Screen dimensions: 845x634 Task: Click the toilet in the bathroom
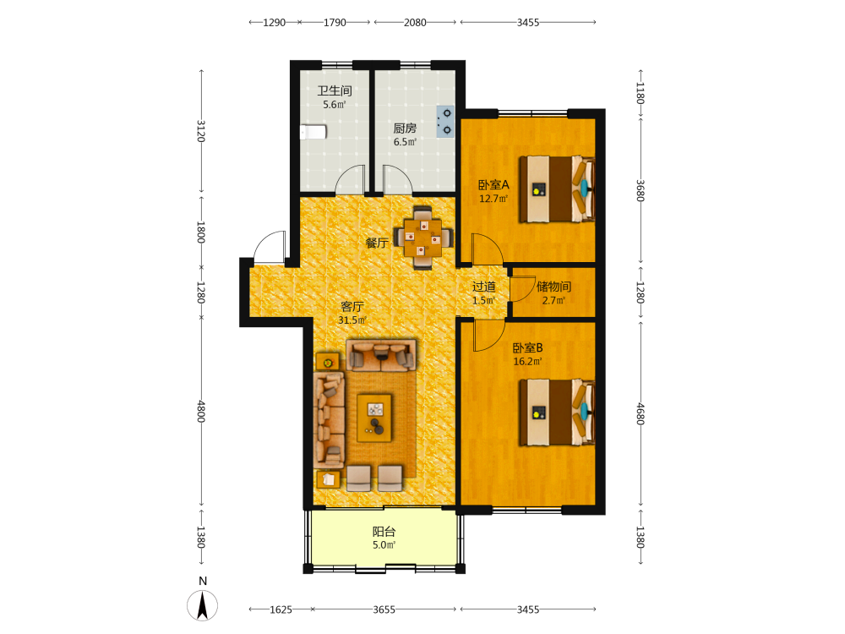[x=313, y=132]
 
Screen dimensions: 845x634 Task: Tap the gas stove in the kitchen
[x=445, y=121]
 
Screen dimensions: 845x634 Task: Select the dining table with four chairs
[x=423, y=238]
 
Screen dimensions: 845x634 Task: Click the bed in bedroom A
[x=556, y=189]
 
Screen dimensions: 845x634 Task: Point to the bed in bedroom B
[x=556, y=413]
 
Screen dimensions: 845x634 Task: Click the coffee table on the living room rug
[x=374, y=418]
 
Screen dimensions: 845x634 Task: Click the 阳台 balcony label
[x=384, y=532]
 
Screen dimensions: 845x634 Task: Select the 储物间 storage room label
[x=553, y=287]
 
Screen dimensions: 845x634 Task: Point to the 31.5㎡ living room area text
[x=352, y=320]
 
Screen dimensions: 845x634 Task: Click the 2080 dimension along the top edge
[x=415, y=23]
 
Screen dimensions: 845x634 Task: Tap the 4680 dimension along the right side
[x=641, y=414]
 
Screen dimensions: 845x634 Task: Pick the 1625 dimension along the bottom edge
[x=281, y=609]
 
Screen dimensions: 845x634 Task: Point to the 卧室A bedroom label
[x=493, y=185]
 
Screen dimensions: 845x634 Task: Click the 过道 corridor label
[x=484, y=287]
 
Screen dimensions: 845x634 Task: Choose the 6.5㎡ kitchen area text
[x=405, y=142]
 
